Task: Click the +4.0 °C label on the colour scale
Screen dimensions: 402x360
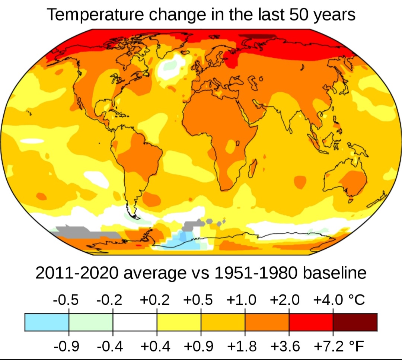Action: click(x=339, y=299)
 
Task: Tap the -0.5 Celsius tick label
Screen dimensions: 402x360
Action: click(x=66, y=299)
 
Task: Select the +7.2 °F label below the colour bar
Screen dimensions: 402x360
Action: click(x=339, y=346)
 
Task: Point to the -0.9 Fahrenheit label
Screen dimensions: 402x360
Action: click(x=66, y=346)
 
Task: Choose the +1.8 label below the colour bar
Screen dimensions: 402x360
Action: click(x=242, y=346)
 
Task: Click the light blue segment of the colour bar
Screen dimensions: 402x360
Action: click(x=47, y=322)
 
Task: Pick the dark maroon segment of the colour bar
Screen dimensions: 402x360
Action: click(x=355, y=322)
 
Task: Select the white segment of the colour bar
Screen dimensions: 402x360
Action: click(x=135, y=322)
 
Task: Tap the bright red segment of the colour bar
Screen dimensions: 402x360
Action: click(x=311, y=322)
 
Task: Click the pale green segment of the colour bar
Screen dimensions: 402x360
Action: click(x=91, y=322)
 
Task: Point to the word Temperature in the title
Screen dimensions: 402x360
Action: click(x=95, y=15)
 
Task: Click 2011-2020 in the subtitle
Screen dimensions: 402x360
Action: click(x=77, y=273)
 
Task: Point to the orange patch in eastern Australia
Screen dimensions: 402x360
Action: click(x=354, y=182)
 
